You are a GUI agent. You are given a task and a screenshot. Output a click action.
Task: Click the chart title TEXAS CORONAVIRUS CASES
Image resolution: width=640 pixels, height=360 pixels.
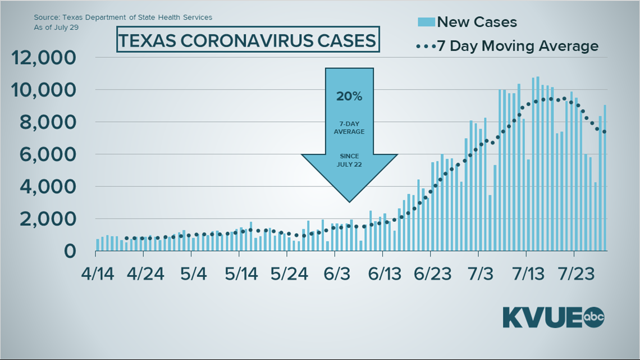(x=247, y=41)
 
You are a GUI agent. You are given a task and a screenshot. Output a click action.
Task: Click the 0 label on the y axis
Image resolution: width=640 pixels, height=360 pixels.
(x=70, y=251)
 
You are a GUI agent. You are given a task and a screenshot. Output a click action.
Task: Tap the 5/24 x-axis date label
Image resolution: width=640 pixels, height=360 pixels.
(x=289, y=276)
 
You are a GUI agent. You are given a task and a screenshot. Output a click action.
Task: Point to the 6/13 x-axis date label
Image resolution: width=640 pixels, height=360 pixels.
(x=383, y=276)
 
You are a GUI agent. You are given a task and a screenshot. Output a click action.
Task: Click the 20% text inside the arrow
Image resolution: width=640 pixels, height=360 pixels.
(x=349, y=96)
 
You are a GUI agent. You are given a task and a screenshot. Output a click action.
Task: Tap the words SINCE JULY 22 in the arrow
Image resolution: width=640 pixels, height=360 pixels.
(x=349, y=160)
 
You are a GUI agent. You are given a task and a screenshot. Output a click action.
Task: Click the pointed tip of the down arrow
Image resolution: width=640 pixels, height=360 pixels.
(x=349, y=200)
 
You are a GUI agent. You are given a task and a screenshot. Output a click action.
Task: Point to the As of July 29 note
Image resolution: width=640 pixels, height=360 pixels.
(x=56, y=26)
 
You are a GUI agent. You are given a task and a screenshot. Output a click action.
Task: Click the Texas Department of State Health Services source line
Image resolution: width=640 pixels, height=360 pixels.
(x=123, y=17)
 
